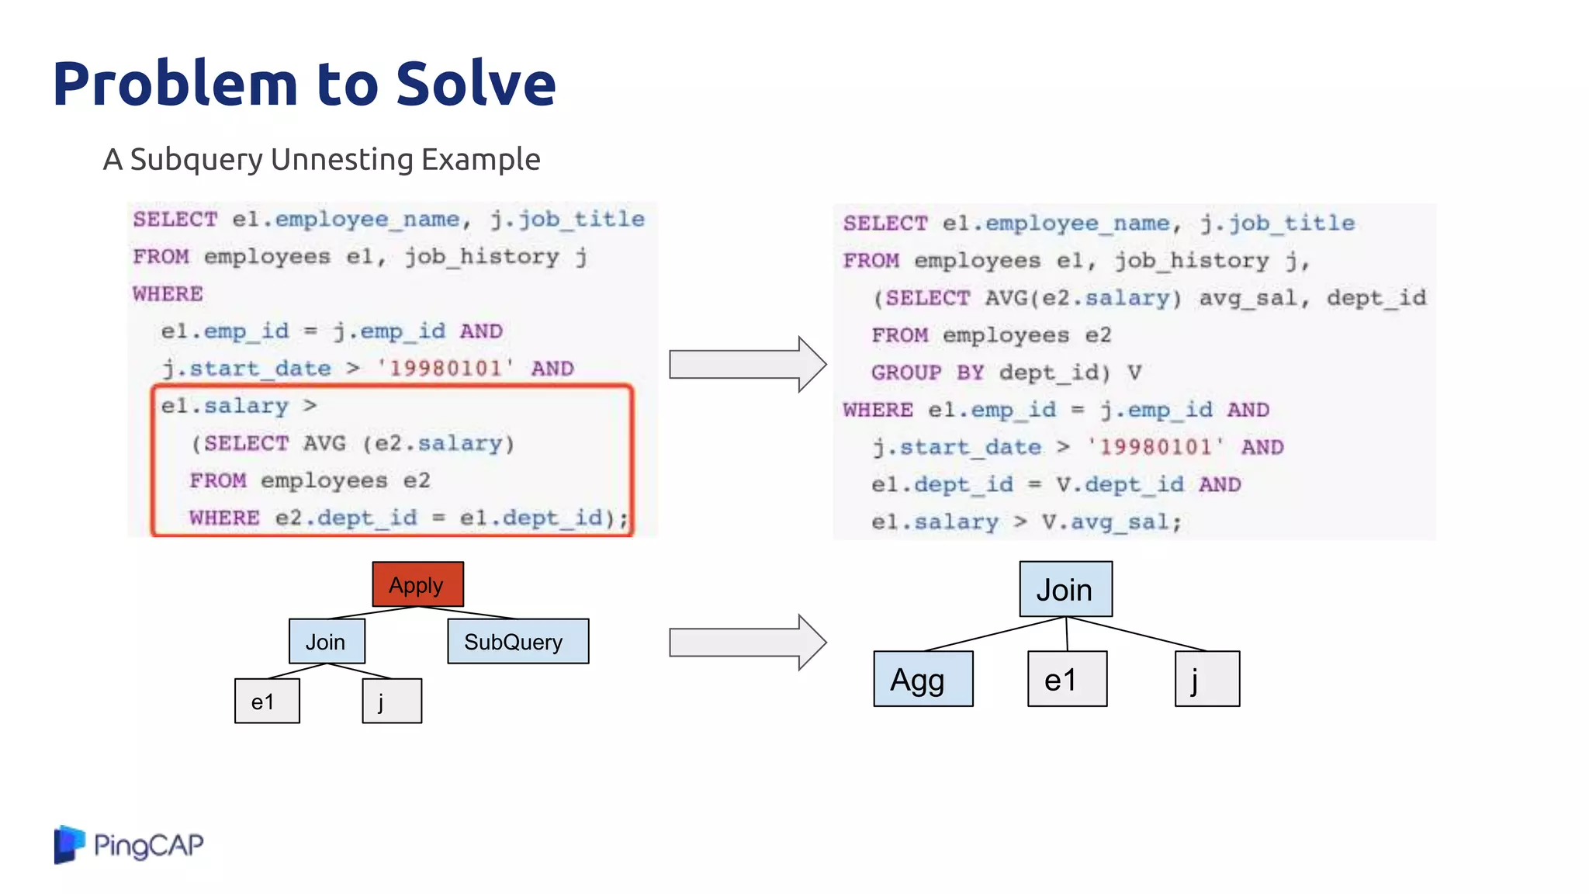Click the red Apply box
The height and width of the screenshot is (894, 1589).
click(x=417, y=584)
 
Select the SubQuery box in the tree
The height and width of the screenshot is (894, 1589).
click(x=518, y=641)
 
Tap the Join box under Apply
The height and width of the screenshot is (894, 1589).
click(x=327, y=641)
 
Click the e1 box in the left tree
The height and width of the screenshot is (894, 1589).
click(x=267, y=701)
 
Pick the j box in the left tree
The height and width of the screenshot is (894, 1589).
click(x=392, y=701)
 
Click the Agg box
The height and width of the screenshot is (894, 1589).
click(x=923, y=679)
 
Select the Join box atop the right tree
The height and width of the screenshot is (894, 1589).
click(x=1065, y=589)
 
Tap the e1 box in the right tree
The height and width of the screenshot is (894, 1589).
click(x=1067, y=679)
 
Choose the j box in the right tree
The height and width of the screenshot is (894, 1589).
click(x=1206, y=679)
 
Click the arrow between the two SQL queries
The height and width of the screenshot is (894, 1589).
click(x=746, y=364)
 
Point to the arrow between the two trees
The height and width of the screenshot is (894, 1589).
click(x=746, y=643)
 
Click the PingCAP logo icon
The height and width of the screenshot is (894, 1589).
click(x=69, y=844)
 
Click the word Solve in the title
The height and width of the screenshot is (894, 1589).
click(x=476, y=83)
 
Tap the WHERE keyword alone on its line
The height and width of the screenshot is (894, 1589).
click(x=168, y=294)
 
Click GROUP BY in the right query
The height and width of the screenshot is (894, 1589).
click(x=927, y=372)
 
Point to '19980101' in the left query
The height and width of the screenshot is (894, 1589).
click(x=445, y=368)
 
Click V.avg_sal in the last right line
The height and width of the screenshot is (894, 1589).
click(x=1110, y=522)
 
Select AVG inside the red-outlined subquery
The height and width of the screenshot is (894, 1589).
click(x=324, y=443)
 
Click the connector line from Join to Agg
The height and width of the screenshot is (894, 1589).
click(x=995, y=634)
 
